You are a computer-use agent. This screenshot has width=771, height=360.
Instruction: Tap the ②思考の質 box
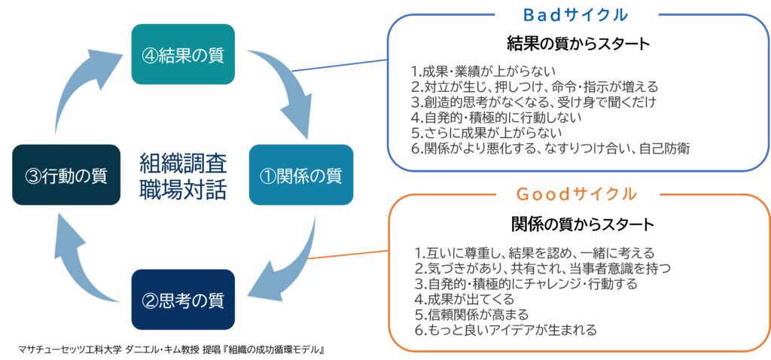(184, 300)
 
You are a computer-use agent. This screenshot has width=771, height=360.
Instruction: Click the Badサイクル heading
(577, 15)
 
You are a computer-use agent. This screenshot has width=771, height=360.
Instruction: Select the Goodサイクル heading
(577, 194)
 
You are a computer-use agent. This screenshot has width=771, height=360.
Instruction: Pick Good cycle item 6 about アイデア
(505, 330)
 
